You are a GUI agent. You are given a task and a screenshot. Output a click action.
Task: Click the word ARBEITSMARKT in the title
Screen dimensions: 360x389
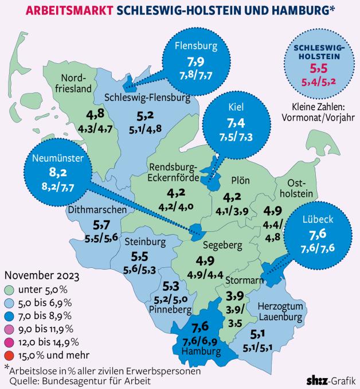pos(70,10)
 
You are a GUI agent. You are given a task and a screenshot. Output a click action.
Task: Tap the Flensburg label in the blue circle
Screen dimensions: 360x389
pos(196,46)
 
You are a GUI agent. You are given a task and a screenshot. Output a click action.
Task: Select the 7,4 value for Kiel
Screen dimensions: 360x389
pos(236,123)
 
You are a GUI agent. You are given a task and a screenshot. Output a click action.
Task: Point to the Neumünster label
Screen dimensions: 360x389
pos(58,158)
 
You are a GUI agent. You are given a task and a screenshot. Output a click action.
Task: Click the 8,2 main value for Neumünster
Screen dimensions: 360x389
pos(58,172)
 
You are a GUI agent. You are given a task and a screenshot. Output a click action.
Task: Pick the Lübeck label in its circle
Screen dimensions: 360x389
pos(318,219)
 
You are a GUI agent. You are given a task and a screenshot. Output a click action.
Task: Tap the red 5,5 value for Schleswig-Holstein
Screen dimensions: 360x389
pos(319,68)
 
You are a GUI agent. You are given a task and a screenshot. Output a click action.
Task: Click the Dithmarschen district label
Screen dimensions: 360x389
pos(97,209)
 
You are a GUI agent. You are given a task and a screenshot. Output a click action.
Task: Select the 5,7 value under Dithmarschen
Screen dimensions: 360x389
pos(101,225)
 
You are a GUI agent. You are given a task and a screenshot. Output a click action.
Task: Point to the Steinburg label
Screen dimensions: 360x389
pos(145,242)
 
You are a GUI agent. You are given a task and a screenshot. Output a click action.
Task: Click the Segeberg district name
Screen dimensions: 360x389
pos(222,245)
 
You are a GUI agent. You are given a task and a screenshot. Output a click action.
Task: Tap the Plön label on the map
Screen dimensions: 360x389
pos(240,180)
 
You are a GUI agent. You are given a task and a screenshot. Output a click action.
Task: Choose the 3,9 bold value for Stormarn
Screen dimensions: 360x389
pos(235,295)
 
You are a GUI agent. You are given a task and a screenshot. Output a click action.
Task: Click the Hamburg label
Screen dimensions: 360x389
pos(201,351)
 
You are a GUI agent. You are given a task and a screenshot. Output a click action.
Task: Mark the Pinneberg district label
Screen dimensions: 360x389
pos(170,310)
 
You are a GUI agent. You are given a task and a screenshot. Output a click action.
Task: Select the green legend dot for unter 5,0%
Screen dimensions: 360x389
pos(9,290)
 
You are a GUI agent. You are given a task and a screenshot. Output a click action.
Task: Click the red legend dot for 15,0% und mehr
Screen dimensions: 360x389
pos(9,356)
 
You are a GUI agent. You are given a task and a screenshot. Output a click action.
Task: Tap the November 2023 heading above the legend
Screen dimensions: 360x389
pos(42,275)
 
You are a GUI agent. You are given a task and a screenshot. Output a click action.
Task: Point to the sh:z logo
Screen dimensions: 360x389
pos(317,381)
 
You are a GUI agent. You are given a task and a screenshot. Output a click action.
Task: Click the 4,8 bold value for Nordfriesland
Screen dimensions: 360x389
pos(95,114)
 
